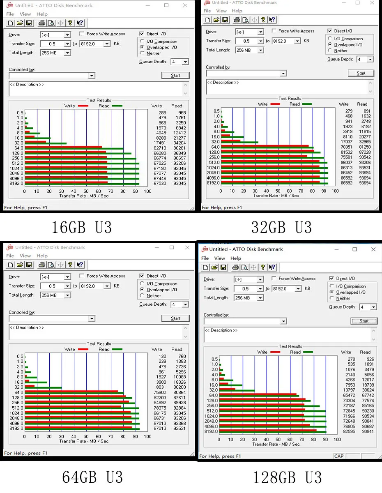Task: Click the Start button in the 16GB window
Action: tap(175, 75)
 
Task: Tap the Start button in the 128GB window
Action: tap(364, 321)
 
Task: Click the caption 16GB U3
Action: tap(82, 227)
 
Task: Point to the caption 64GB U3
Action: tap(92, 477)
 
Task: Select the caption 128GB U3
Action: tap(287, 477)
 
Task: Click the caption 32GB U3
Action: tap(281, 227)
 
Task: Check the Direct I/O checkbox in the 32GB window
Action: tap(330, 31)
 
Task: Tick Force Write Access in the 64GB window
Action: tap(82, 276)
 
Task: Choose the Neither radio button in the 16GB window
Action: tap(142, 53)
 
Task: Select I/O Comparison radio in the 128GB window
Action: tap(332, 286)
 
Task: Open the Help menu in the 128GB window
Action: tap(236, 258)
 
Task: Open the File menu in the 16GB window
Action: tap(10, 14)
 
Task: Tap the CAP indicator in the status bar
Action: tap(339, 456)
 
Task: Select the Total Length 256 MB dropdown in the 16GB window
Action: tap(55, 53)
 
